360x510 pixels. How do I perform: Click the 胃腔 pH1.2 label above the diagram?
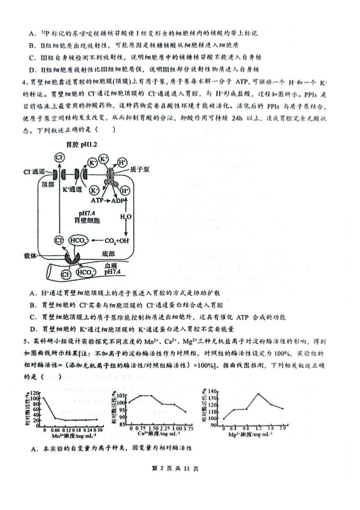point(81,145)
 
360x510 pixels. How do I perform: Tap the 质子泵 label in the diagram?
point(139,169)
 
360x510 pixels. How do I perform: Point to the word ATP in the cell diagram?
point(97,200)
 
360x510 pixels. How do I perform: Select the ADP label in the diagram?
point(118,200)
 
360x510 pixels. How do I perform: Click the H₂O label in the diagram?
point(126,217)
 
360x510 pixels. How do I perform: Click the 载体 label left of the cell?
point(30,256)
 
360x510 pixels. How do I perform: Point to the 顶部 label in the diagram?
point(48,184)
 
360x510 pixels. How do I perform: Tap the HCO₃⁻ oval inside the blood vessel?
point(85,273)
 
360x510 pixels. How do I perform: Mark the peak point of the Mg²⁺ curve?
point(259,394)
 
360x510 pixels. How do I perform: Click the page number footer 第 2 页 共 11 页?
point(175,468)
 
